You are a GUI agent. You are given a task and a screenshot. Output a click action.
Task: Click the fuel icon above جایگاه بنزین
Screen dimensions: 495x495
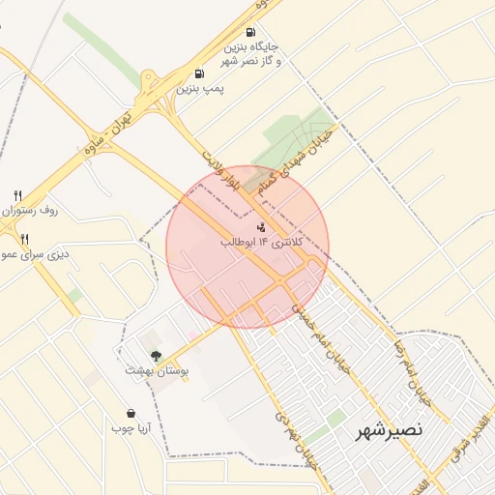[251, 32]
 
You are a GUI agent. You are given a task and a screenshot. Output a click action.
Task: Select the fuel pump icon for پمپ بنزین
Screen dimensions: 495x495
[199, 73]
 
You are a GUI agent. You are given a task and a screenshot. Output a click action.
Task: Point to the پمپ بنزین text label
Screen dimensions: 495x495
[199, 88]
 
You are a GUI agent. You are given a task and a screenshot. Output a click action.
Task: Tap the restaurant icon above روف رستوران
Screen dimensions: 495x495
[18, 195]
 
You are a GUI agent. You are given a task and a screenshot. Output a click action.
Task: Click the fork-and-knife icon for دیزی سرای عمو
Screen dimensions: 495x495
[24, 239]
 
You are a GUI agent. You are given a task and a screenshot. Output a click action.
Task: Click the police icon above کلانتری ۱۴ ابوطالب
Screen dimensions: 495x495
[262, 225]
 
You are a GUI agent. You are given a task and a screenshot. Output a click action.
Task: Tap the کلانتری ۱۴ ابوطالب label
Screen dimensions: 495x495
[262, 241]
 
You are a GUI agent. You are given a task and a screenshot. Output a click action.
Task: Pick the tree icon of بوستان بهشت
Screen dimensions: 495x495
[157, 355]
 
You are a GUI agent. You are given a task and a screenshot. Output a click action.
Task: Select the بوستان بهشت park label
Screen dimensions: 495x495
[157, 370]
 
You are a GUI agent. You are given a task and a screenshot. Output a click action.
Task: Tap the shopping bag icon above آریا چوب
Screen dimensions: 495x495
[129, 412]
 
